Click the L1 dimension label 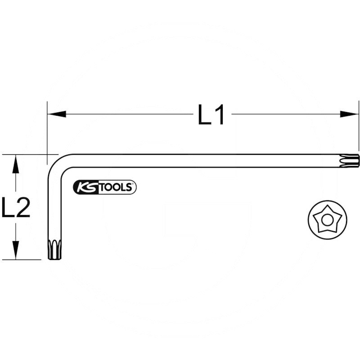(x=211, y=115)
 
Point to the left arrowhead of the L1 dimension (x=57, y=114)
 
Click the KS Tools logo (x=104, y=187)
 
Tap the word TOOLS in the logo (x=115, y=188)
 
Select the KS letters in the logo (x=86, y=188)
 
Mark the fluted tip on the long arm (x=350, y=160)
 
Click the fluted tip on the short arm (x=54, y=249)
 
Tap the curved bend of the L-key (x=56, y=163)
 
